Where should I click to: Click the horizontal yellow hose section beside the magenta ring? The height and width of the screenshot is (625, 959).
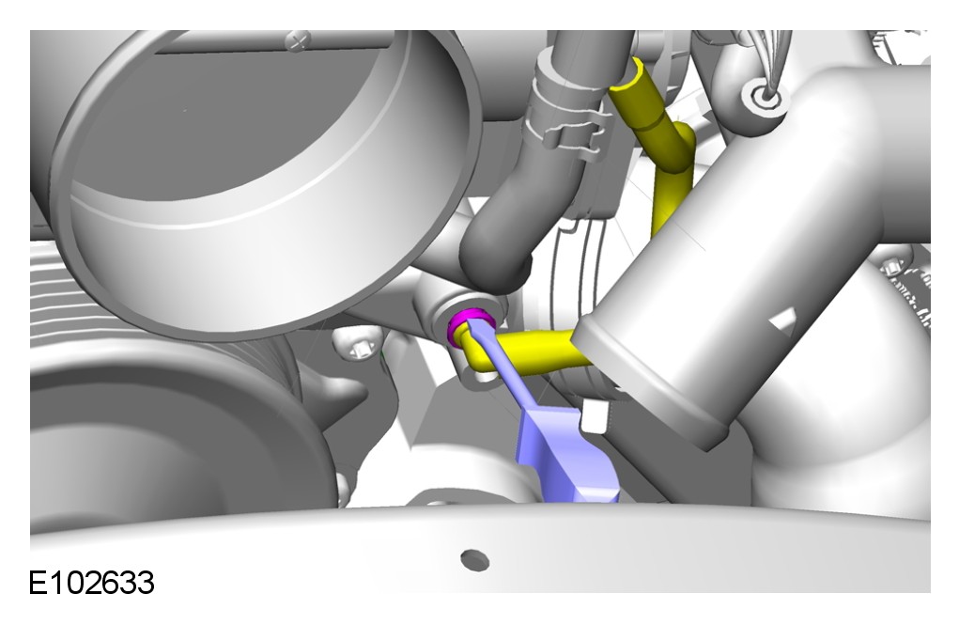click(x=538, y=352)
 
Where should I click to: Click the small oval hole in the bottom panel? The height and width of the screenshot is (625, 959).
click(x=474, y=559)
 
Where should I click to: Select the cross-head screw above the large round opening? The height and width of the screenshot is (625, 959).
click(x=299, y=41)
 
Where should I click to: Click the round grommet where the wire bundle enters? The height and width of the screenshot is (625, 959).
click(x=764, y=96)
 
